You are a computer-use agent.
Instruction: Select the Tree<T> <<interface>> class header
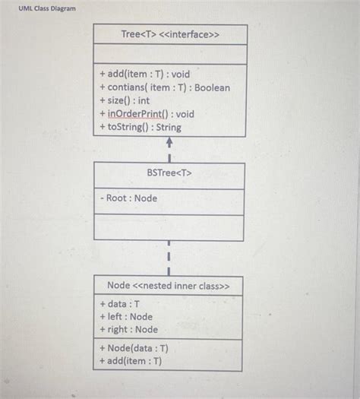(x=169, y=35)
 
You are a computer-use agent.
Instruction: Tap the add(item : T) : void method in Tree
(x=144, y=74)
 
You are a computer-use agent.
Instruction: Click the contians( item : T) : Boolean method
(x=164, y=87)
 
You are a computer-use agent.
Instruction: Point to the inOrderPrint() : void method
(x=147, y=114)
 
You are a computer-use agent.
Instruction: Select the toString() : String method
(x=140, y=127)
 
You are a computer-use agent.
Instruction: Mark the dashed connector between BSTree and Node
(x=169, y=258)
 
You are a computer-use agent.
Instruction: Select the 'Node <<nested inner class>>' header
(x=169, y=286)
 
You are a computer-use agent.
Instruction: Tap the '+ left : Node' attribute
(x=125, y=316)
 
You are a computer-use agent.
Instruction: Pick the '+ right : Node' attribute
(x=128, y=329)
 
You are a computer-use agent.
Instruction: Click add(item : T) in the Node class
(x=130, y=361)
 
